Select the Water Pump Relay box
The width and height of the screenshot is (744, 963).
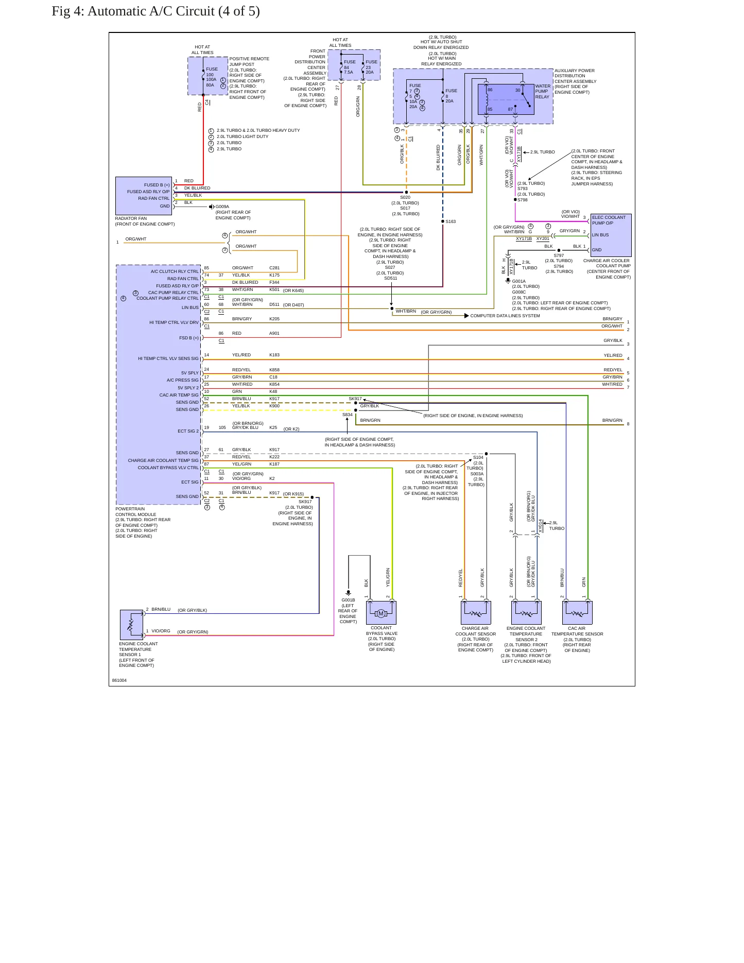click(x=506, y=99)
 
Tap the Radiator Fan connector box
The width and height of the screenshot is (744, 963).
click(x=144, y=196)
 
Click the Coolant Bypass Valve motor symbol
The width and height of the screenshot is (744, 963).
click(x=381, y=613)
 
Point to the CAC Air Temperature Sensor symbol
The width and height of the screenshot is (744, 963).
click(x=577, y=613)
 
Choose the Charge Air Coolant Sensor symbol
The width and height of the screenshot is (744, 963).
click(x=476, y=613)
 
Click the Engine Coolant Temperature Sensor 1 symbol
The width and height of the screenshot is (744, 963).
click(x=132, y=625)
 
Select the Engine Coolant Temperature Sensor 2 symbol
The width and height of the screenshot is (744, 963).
click(x=526, y=613)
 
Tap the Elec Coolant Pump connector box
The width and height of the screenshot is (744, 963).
click(x=611, y=235)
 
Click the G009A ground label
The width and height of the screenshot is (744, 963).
click(x=222, y=207)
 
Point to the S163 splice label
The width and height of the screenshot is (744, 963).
click(x=451, y=221)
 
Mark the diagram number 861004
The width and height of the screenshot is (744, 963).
click(x=119, y=680)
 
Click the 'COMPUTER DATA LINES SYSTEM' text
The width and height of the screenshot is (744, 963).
click(x=505, y=316)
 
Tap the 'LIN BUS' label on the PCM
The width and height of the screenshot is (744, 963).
click(x=190, y=307)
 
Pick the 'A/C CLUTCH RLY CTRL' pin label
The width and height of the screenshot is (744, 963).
click(x=175, y=271)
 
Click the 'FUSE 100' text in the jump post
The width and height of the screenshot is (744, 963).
click(x=212, y=72)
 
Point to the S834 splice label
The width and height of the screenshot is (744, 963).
click(x=348, y=415)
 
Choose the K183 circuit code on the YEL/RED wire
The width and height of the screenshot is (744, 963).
click(x=274, y=355)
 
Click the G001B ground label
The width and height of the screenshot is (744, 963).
click(x=348, y=600)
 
